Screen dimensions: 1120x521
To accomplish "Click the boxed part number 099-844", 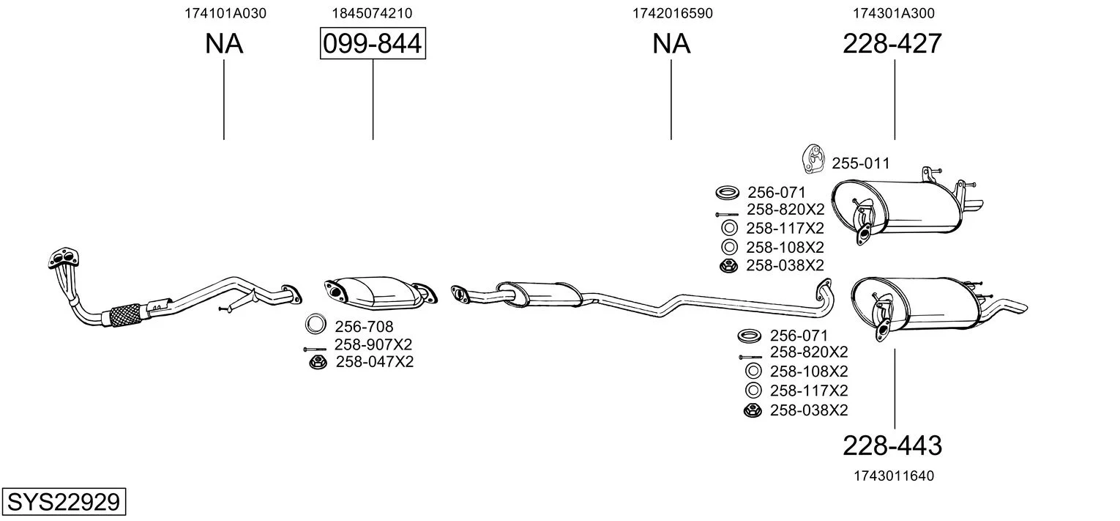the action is pyautogui.click(x=373, y=43).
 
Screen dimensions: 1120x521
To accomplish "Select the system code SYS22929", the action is pyautogui.click(x=64, y=501).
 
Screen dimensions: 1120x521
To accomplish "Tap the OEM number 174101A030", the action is pyautogui.click(x=225, y=13).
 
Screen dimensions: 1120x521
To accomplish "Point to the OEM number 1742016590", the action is pyautogui.click(x=673, y=13).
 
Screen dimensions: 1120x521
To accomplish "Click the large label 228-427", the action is pyautogui.click(x=892, y=43).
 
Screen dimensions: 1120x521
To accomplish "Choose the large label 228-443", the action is pyautogui.click(x=892, y=446).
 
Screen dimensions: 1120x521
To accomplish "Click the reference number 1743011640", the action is pyautogui.click(x=894, y=476).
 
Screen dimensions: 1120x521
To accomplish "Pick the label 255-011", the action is pyautogui.click(x=861, y=163).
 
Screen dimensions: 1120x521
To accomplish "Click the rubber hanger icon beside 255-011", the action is pyautogui.click(x=813, y=159).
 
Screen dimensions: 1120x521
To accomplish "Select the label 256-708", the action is pyautogui.click(x=364, y=327).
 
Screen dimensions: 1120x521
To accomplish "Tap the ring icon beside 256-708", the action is pyautogui.click(x=316, y=325).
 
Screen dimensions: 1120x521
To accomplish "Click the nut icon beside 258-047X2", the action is pyautogui.click(x=318, y=362).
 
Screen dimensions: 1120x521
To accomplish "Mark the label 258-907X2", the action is pyautogui.click(x=373, y=345).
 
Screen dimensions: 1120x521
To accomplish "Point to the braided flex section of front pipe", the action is pyautogui.click(x=125, y=314).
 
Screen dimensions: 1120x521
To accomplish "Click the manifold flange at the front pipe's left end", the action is pyautogui.click(x=64, y=259).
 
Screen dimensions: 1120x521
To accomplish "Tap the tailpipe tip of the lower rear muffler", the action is pyautogui.click(x=1015, y=307).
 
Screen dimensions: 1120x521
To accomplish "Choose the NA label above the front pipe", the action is pyautogui.click(x=224, y=44).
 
